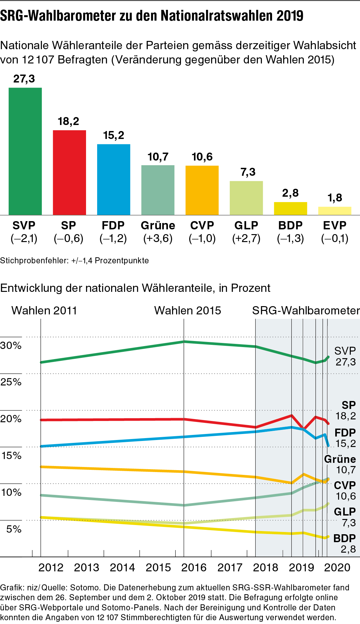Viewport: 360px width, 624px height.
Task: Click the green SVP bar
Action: coord(25,151)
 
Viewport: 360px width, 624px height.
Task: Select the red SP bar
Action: coord(69,173)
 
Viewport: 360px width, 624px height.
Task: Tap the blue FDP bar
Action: coord(113,180)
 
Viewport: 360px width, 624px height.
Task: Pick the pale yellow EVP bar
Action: coord(335,211)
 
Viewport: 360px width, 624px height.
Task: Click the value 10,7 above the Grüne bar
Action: coord(158,157)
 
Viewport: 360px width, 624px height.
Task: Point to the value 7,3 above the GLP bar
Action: coord(248,172)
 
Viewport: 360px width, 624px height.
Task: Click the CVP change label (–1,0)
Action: coord(202,239)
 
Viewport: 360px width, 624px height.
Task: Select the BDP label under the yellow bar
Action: coord(290,226)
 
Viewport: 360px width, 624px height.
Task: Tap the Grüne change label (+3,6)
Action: coord(158,239)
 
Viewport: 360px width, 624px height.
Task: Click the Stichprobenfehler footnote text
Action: coord(74,261)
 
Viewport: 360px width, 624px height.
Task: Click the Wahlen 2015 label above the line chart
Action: coord(187,310)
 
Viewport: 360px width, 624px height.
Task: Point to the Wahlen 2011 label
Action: coord(44,310)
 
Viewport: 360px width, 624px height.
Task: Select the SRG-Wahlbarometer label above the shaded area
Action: coord(306,310)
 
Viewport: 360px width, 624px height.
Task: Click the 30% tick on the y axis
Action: coord(11,345)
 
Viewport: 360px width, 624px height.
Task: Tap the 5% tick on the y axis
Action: coord(14,529)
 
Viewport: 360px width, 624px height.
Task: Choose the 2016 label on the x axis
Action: coord(194,568)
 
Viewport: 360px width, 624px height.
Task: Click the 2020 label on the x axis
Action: coord(337,568)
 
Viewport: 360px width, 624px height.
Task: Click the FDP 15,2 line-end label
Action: coord(345,438)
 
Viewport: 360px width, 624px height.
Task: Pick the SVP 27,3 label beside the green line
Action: coord(345,356)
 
